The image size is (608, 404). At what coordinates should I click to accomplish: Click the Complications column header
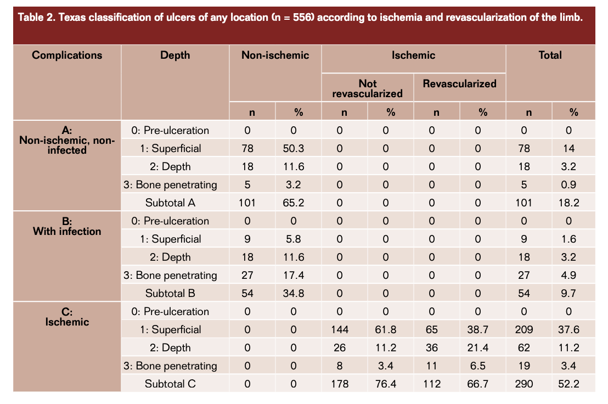click(x=67, y=55)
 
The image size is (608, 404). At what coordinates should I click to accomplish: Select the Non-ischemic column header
click(x=275, y=55)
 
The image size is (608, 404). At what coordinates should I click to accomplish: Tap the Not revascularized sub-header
click(x=368, y=88)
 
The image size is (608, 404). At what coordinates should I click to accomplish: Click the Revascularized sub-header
click(x=460, y=83)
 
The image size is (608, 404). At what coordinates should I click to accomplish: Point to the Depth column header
click(x=175, y=55)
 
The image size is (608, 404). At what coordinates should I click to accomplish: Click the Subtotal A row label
click(x=170, y=203)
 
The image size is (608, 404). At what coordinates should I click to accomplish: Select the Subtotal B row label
click(x=170, y=293)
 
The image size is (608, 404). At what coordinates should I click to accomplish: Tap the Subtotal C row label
click(x=170, y=384)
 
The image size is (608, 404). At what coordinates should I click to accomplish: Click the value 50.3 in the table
click(x=294, y=148)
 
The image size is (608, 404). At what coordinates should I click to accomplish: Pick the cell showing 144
click(x=340, y=329)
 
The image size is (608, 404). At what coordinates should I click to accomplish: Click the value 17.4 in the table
click(x=294, y=275)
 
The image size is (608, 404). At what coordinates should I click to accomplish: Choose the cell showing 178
click(x=340, y=384)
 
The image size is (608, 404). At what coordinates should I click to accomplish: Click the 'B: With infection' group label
click(x=67, y=226)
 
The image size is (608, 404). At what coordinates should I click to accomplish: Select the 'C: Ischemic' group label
click(x=67, y=317)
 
